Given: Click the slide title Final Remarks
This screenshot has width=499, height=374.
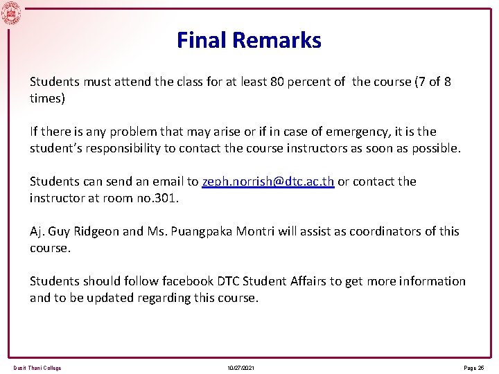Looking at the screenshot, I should coord(249,40).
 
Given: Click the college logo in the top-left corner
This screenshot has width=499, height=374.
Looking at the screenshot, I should coord(11,13).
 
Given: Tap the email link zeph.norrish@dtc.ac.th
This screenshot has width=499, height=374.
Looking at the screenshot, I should coord(268,181).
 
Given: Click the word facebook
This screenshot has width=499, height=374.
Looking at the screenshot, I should coord(188,281).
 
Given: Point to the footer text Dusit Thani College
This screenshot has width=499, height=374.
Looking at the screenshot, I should coord(37,368).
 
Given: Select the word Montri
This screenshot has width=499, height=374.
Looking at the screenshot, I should coord(257,231).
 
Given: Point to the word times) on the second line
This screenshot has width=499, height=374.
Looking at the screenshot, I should coord(47,98).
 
